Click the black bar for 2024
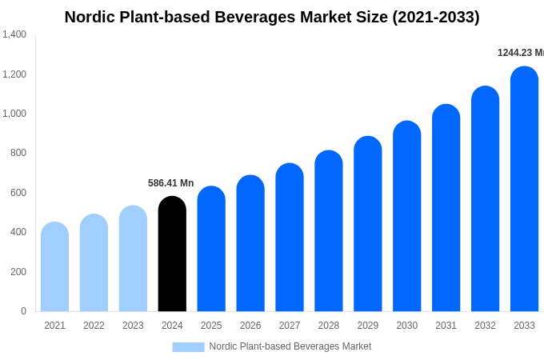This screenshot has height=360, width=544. (172, 254)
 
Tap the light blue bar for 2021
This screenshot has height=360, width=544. (54, 266)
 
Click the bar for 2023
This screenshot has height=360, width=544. (133, 258)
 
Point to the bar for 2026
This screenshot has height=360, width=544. (250, 243)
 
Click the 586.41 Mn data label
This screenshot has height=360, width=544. (170, 183)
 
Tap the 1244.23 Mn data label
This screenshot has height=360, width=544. (520, 53)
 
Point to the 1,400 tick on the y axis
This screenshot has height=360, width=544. (14, 34)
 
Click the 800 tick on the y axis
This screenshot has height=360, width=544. (18, 153)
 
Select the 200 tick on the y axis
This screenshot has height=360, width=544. (18, 272)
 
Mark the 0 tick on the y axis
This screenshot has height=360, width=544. (23, 311)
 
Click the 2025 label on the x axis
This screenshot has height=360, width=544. (211, 326)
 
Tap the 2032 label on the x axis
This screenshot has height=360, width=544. (485, 326)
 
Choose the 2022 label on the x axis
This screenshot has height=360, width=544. (94, 326)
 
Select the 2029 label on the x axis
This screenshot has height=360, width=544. (368, 326)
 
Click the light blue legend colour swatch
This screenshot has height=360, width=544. (188, 346)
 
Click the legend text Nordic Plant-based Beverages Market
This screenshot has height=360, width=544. (290, 346)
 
